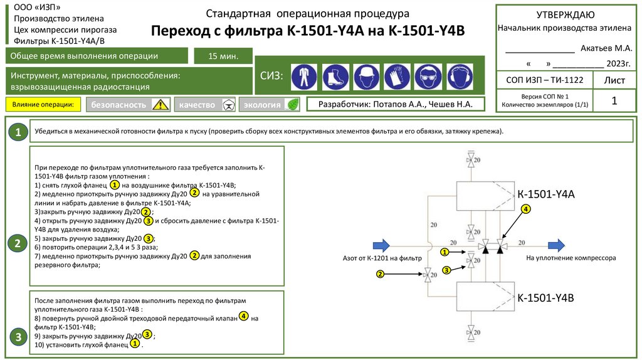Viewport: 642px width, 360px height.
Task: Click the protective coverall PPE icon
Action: [x=304, y=77]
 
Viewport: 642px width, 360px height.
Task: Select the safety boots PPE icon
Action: [x=335, y=77]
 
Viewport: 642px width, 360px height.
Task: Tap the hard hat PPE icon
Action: [x=366, y=77]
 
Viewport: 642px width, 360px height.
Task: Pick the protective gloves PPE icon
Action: [x=397, y=77]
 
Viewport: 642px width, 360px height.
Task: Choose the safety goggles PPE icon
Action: [x=428, y=77]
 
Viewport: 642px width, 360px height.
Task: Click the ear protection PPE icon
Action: [x=458, y=77]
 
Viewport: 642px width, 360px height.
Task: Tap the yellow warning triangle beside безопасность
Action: [x=161, y=105]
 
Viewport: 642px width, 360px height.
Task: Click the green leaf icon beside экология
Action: [x=292, y=105]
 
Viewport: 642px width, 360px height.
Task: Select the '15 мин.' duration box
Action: [x=223, y=56]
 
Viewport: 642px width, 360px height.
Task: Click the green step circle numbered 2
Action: [x=18, y=243]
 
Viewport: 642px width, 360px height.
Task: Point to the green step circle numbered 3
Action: [x=18, y=337]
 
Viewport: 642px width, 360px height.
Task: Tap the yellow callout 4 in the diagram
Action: [x=525, y=208]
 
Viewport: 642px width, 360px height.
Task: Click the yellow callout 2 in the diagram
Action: [x=380, y=274]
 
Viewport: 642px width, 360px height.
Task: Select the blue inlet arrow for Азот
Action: [x=382, y=245]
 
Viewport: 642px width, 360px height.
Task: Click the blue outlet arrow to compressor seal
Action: [x=555, y=245]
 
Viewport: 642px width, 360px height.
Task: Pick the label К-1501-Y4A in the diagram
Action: [x=546, y=195]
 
